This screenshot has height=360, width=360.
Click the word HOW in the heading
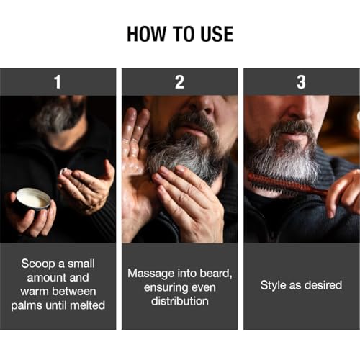pyautogui.click(x=146, y=34)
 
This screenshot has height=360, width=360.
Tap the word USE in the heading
pyautogui.click(x=217, y=34)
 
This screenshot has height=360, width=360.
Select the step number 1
pyautogui.click(x=58, y=82)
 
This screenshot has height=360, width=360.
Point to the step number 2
pyautogui.click(x=179, y=82)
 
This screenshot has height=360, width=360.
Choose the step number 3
pyautogui.click(x=301, y=82)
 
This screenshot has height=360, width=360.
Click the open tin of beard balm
pyautogui.click(x=34, y=199)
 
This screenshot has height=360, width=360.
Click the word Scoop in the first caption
pyautogui.click(x=38, y=264)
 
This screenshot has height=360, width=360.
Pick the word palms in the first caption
pyautogui.click(x=27, y=306)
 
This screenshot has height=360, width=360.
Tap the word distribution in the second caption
pyautogui.click(x=180, y=301)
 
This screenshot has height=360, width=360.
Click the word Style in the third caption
pyautogui.click(x=274, y=286)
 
